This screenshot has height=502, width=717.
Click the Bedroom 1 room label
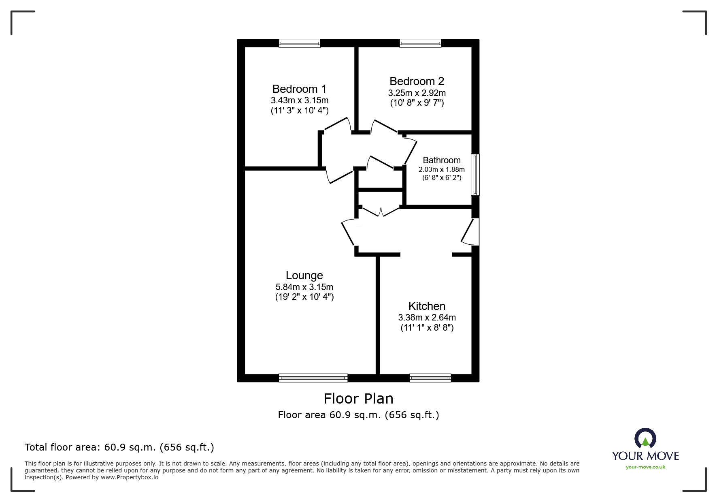299,89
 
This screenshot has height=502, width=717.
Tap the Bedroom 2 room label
417,81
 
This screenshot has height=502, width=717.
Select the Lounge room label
304,276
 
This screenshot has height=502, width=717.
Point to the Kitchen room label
427,306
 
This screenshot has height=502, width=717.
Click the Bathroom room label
442,160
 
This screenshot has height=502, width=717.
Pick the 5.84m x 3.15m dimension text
304,287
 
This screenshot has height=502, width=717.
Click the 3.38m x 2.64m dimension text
427,318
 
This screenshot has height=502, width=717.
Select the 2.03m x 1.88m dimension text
442,169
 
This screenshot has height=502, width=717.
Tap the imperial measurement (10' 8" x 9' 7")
417,103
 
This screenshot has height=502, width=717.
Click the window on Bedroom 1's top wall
300,43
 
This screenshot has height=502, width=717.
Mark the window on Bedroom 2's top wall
420,43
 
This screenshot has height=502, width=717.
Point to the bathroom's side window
475,175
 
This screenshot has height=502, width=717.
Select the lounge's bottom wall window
313,378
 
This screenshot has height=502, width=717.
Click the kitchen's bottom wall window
430,378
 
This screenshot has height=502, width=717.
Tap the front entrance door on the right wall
471,232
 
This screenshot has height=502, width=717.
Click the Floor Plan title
359,399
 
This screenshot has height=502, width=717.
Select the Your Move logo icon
645,438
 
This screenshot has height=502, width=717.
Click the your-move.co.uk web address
645,467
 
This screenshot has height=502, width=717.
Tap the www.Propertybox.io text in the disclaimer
130,477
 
